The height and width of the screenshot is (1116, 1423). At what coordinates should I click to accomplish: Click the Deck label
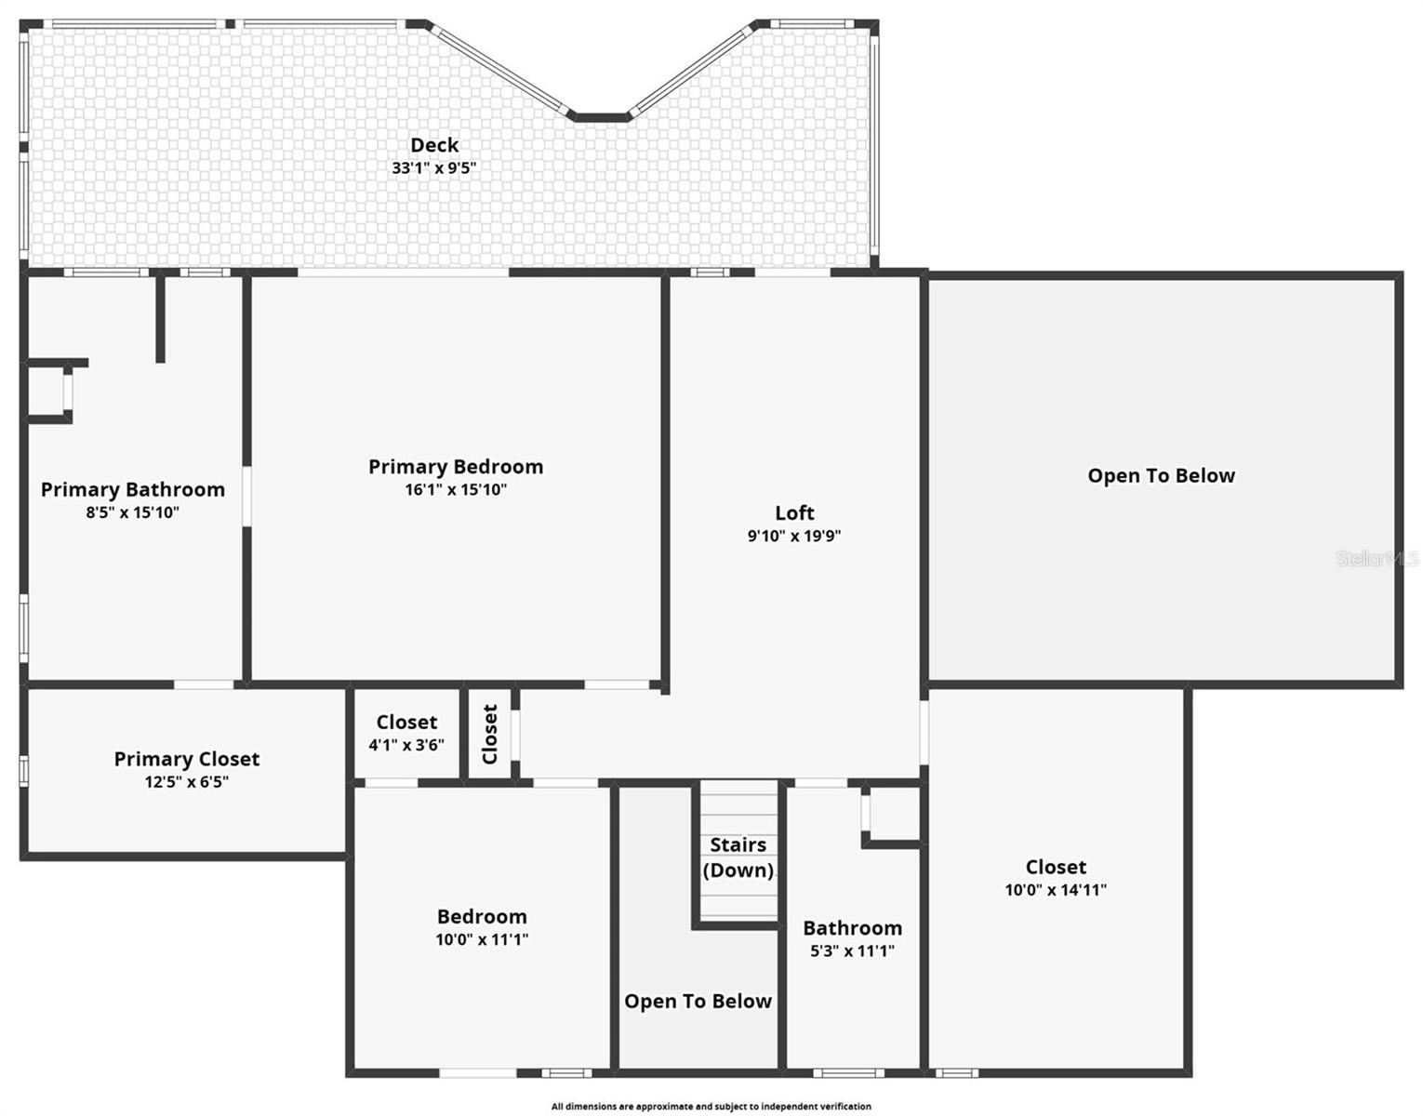tap(434, 145)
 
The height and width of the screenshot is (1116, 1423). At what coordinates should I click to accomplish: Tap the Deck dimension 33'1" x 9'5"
tap(434, 168)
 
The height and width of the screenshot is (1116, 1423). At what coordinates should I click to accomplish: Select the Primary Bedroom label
tap(456, 467)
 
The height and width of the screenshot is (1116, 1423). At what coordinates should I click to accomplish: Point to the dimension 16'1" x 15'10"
tap(456, 490)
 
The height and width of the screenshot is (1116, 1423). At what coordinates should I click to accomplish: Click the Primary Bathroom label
tap(133, 490)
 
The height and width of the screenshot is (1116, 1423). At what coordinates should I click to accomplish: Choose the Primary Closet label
tap(187, 759)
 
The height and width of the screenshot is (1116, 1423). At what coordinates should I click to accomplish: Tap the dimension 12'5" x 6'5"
tap(187, 782)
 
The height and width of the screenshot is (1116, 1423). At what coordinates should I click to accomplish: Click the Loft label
tap(794, 512)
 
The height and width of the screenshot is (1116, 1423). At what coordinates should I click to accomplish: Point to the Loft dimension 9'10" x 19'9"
tap(794, 536)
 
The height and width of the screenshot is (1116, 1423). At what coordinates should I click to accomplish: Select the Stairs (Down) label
tap(738, 857)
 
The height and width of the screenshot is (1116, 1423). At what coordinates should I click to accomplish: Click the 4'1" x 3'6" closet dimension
tap(406, 745)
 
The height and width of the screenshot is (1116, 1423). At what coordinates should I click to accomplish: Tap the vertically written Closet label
tap(490, 734)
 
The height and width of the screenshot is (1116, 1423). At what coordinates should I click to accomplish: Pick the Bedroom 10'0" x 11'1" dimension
tap(482, 939)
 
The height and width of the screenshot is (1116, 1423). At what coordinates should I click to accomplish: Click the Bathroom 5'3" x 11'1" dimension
tap(852, 950)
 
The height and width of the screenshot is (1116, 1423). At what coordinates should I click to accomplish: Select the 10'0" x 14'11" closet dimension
tap(1056, 890)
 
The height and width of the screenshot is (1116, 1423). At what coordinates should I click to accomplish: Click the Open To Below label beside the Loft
tap(1162, 476)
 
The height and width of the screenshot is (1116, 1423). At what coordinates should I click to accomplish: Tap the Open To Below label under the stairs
tap(698, 1002)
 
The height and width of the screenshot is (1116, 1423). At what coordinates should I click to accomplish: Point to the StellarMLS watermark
tap(1377, 558)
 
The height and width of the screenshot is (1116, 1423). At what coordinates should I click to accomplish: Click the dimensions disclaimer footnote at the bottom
tap(711, 1107)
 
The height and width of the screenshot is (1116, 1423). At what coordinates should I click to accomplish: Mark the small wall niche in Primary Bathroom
tap(47, 392)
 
